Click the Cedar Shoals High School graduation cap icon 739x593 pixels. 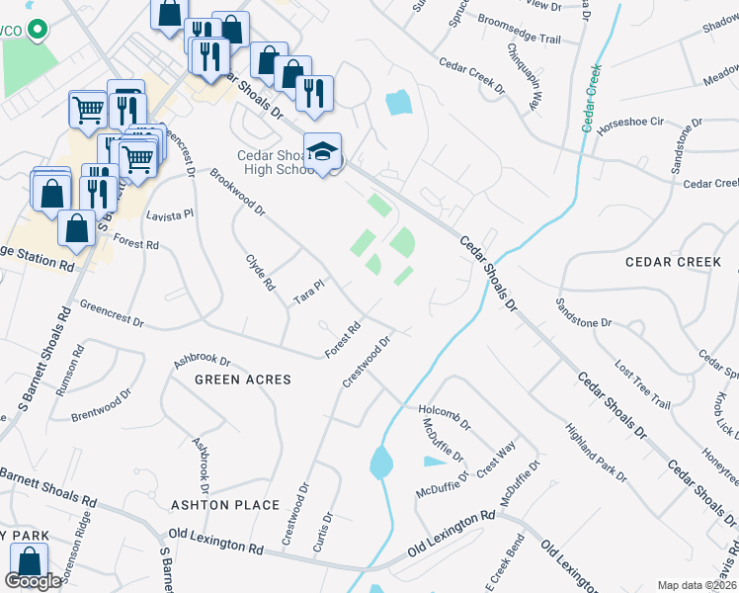point(322,151)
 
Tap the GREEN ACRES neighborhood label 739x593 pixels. point(243,380)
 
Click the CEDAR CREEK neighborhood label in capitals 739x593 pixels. point(673,262)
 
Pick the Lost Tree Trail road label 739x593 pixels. point(642,383)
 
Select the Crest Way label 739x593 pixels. point(495,461)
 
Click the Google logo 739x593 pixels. point(34,581)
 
